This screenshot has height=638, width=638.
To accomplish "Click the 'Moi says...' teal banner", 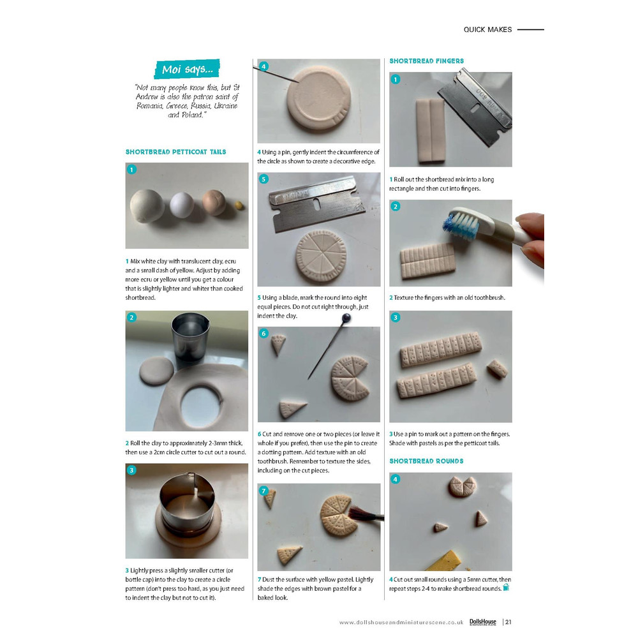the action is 187,69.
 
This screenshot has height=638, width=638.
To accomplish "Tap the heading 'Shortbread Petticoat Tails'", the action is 176,152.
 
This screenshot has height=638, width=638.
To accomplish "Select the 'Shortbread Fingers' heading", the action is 426,61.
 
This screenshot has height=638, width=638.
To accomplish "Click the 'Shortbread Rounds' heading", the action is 426,461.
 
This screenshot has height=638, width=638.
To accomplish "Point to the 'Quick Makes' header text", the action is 487,30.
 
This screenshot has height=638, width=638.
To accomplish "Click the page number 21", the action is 508,621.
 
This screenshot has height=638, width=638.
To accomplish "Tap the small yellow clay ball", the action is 239,205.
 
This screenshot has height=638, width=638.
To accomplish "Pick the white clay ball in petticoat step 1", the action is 182,205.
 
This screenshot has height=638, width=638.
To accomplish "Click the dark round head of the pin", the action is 346,318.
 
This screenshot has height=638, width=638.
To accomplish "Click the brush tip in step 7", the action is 358,514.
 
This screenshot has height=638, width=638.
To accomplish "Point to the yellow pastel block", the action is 444,561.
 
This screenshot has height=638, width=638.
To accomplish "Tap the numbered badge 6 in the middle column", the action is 263,333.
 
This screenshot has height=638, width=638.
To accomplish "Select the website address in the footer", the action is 401,622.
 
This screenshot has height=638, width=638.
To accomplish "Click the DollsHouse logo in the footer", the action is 483,621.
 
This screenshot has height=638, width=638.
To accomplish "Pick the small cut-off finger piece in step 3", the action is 497,369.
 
